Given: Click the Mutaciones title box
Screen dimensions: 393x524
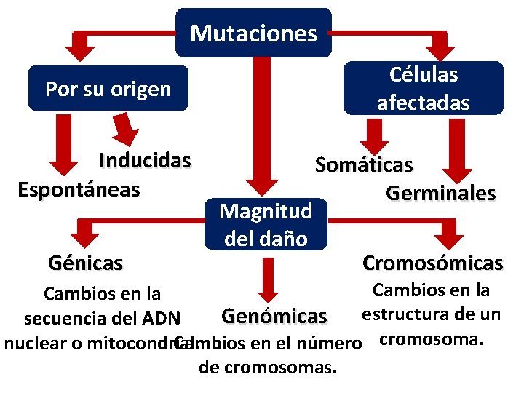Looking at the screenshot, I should pos(253,33).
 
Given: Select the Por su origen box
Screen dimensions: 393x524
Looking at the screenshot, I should pos(108,89).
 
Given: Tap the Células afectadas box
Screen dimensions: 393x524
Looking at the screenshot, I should pos(423,88).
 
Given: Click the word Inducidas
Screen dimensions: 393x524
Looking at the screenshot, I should pos(145,160).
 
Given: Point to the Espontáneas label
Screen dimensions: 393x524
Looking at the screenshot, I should pos(79,190).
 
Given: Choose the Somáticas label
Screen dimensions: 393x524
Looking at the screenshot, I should pos(364,165).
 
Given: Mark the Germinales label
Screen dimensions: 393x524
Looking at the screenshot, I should pos(441,194).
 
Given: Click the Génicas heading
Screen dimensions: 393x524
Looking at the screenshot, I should pos(85,262).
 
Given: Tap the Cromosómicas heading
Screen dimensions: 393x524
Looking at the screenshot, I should pos(432,262).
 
